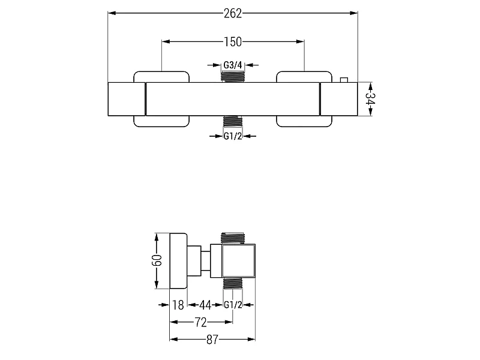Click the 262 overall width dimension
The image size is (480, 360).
tap(233, 13)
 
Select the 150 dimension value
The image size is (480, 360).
tap(233, 42)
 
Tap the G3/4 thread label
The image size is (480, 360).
tap(233, 65)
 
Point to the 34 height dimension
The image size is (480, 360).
tap(370, 99)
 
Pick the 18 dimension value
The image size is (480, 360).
tap(178, 305)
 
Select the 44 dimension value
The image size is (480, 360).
tap(205, 305)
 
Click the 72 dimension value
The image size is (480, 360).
tap(201, 322)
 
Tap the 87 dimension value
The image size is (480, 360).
tap(212, 340)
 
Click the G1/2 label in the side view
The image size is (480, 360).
tap(233, 305)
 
